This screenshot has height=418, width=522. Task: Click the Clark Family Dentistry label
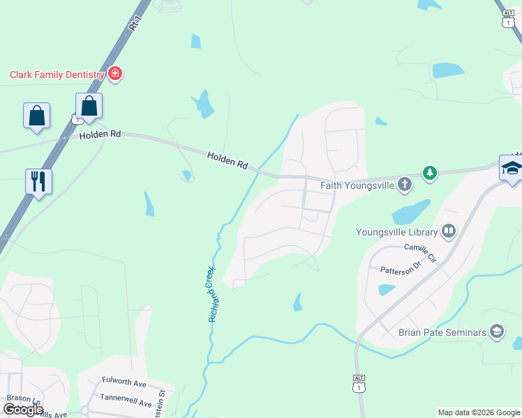(57, 75)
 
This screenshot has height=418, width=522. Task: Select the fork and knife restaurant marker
(38, 181)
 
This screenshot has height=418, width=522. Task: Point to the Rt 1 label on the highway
(135, 22)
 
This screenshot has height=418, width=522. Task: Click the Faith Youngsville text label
(357, 185)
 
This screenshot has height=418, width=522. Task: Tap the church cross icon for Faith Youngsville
(404, 185)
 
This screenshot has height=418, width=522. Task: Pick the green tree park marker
(430, 173)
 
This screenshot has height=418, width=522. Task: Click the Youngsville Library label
(396, 232)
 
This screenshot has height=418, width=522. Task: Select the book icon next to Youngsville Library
(449, 231)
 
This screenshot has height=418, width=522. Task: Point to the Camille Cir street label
(420, 252)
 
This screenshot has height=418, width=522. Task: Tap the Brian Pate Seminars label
(442, 332)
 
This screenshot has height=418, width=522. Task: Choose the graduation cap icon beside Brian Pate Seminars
(497, 332)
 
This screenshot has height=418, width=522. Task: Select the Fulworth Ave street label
(124, 383)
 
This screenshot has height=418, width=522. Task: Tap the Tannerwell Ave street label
(126, 403)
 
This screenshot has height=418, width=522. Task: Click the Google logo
(23, 410)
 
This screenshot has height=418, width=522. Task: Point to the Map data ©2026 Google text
(478, 412)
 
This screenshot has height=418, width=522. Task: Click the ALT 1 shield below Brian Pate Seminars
(359, 382)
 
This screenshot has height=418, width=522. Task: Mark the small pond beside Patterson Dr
(386, 289)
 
